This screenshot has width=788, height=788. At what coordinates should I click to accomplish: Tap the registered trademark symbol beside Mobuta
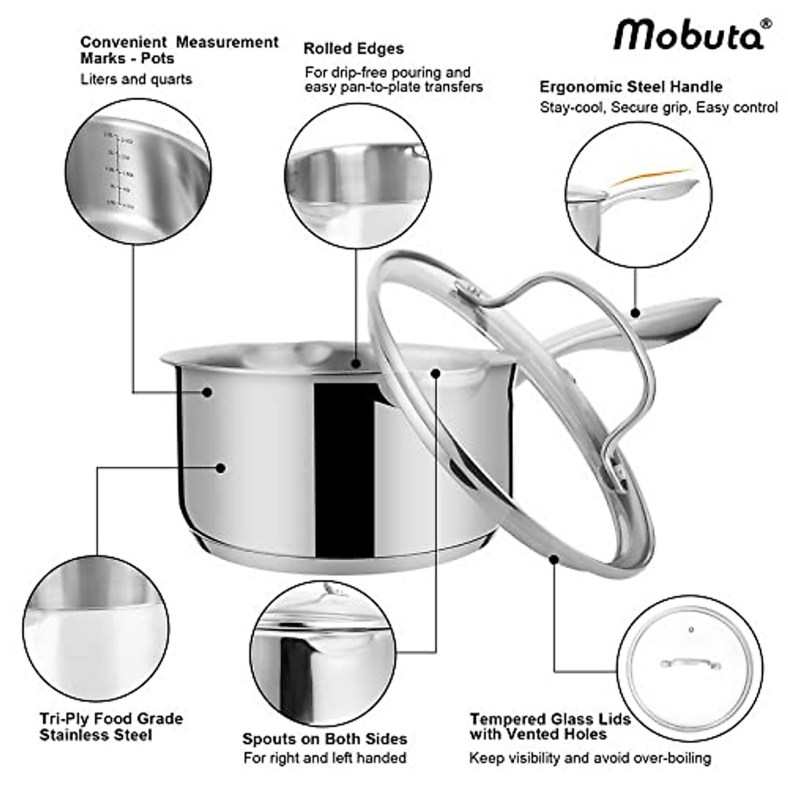765,24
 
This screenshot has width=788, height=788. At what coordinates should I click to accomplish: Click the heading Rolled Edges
353,49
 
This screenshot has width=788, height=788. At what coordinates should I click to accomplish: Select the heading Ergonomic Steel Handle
630,87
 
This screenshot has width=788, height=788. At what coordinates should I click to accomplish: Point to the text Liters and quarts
136,79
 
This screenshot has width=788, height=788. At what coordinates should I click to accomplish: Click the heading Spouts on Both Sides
324,739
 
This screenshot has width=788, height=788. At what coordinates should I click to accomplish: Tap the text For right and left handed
324,758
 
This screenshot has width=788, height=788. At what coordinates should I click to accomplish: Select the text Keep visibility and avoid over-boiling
590,758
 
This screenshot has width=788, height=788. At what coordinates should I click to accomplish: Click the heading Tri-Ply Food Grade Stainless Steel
111,726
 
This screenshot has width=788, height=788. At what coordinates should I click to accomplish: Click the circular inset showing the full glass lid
689,667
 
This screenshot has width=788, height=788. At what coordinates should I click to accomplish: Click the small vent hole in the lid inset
691,630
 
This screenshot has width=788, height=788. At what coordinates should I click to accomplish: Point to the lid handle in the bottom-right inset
690,663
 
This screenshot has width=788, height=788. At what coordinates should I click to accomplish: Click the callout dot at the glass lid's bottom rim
554,559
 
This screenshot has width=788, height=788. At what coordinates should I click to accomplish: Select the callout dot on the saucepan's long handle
635,313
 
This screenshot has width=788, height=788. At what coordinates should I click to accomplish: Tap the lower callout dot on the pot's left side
221,468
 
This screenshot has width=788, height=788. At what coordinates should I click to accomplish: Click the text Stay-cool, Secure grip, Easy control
658,108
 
